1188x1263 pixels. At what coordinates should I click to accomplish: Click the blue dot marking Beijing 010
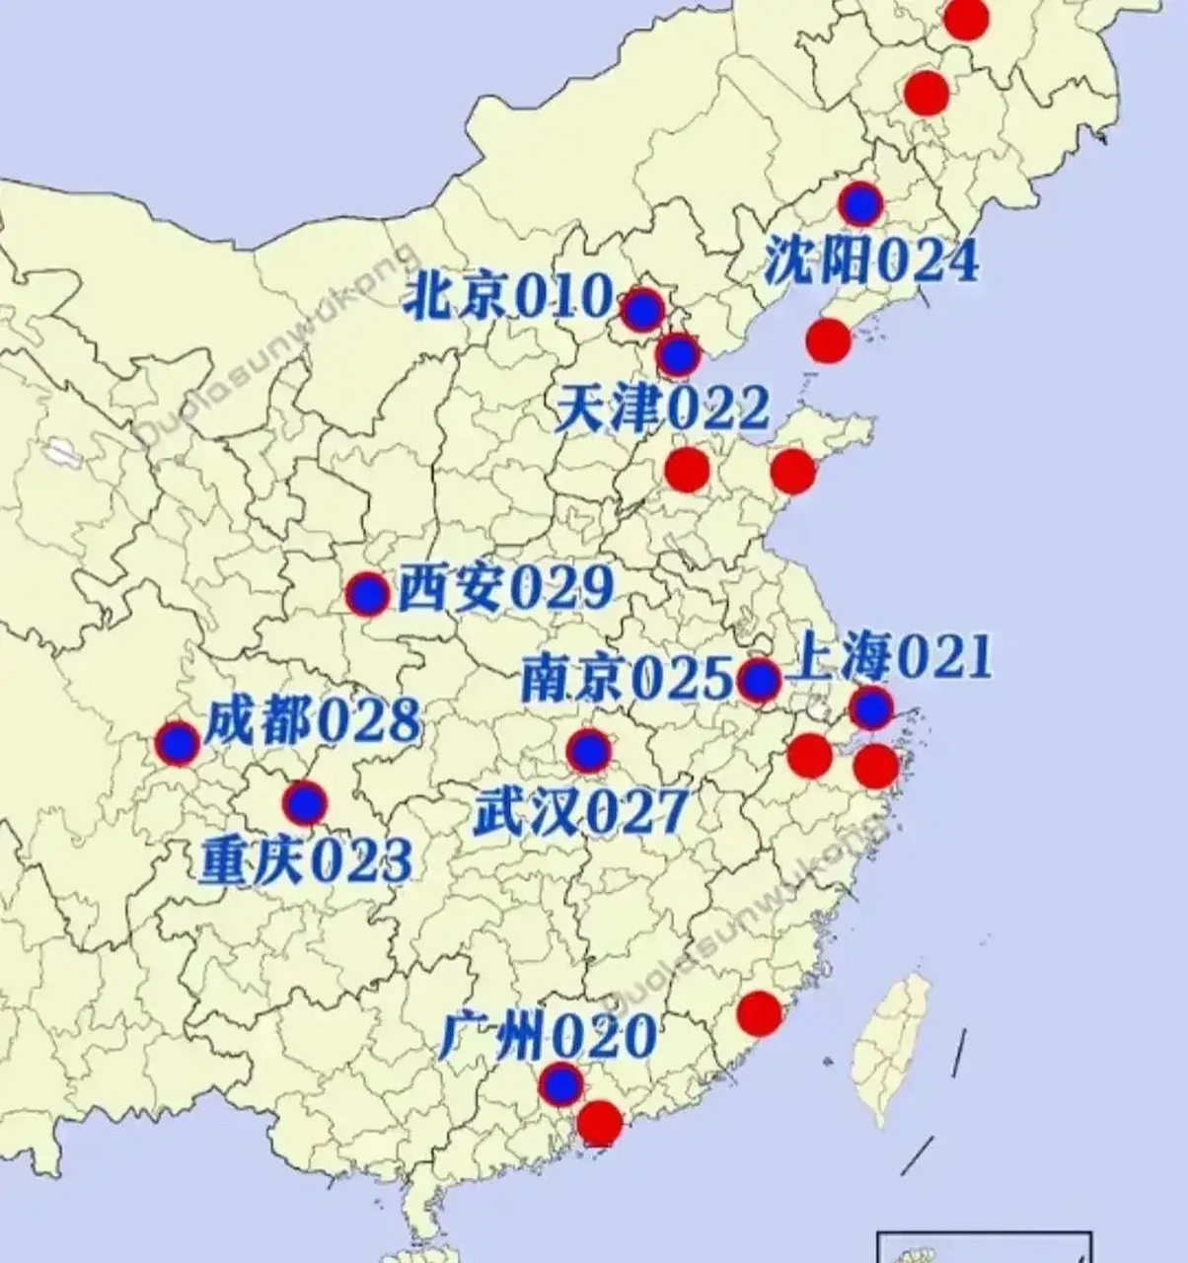click(642, 310)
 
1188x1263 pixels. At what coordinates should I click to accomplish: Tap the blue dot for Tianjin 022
click(678, 354)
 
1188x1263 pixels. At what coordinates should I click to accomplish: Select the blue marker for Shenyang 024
click(862, 203)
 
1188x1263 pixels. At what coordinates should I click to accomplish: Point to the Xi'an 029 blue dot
click(369, 594)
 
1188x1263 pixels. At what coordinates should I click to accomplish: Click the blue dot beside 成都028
click(178, 743)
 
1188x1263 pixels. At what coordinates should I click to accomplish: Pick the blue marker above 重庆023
click(305, 803)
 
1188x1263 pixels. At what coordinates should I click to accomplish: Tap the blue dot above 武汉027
click(590, 752)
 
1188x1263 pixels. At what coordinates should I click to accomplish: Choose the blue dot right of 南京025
click(759, 680)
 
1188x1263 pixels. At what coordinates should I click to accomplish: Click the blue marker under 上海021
click(872, 707)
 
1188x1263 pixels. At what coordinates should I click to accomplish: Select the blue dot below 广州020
click(561, 1084)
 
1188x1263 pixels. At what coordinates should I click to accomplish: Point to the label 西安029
click(505, 590)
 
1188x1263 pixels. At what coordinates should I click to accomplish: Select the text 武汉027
click(579, 812)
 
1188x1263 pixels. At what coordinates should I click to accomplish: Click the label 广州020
click(548, 1035)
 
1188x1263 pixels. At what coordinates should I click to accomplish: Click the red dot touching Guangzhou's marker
click(599, 1122)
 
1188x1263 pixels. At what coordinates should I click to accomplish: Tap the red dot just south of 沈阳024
click(828, 340)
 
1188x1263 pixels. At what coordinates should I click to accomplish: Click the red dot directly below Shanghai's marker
click(876, 766)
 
